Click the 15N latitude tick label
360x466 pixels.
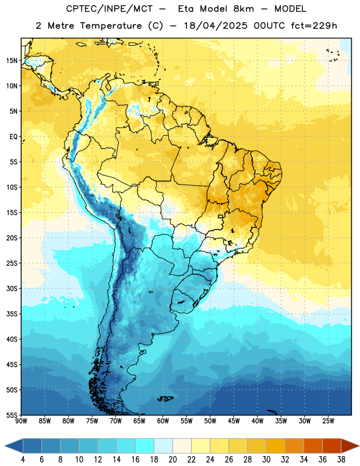(x=12, y=61)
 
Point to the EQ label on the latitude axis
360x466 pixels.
(x=13, y=137)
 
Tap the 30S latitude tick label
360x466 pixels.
(x=12, y=288)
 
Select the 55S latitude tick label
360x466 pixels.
(x=12, y=415)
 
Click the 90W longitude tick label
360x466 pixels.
(x=21, y=421)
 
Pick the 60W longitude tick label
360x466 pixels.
(x=163, y=421)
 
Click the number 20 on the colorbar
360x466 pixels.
(x=172, y=460)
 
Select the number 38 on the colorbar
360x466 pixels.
(x=341, y=460)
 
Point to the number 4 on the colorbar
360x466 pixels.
(x=23, y=460)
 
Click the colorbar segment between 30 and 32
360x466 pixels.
(x=276, y=446)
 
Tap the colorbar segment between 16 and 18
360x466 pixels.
(x=144, y=446)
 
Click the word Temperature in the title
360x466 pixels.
(x=111, y=26)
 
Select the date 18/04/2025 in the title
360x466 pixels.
(x=216, y=26)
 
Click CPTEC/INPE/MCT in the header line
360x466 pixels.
(x=110, y=9)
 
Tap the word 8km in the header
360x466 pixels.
(x=243, y=9)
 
